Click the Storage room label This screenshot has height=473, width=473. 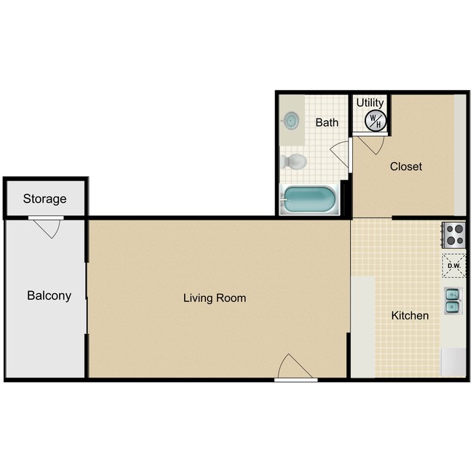click(44, 199)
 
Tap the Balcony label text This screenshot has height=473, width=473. click(49, 295)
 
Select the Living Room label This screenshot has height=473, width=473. click(215, 298)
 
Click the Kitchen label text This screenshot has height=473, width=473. click(410, 316)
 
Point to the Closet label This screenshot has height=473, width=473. click(405, 167)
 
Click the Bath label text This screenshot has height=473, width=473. click(327, 122)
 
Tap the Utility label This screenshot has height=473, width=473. click(370, 103)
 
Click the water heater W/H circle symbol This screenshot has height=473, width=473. click(375, 121)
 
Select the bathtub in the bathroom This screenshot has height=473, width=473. click(309, 200)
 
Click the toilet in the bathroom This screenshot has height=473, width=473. click(294, 161)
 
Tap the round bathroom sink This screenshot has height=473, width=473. click(292, 120)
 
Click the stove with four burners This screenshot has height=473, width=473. click(455, 234)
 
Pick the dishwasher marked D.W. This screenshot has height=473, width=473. click(454, 266)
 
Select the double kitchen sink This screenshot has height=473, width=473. click(453, 300)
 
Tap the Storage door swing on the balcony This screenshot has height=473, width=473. click(47, 228)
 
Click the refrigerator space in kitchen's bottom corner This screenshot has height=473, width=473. click(453, 362)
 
